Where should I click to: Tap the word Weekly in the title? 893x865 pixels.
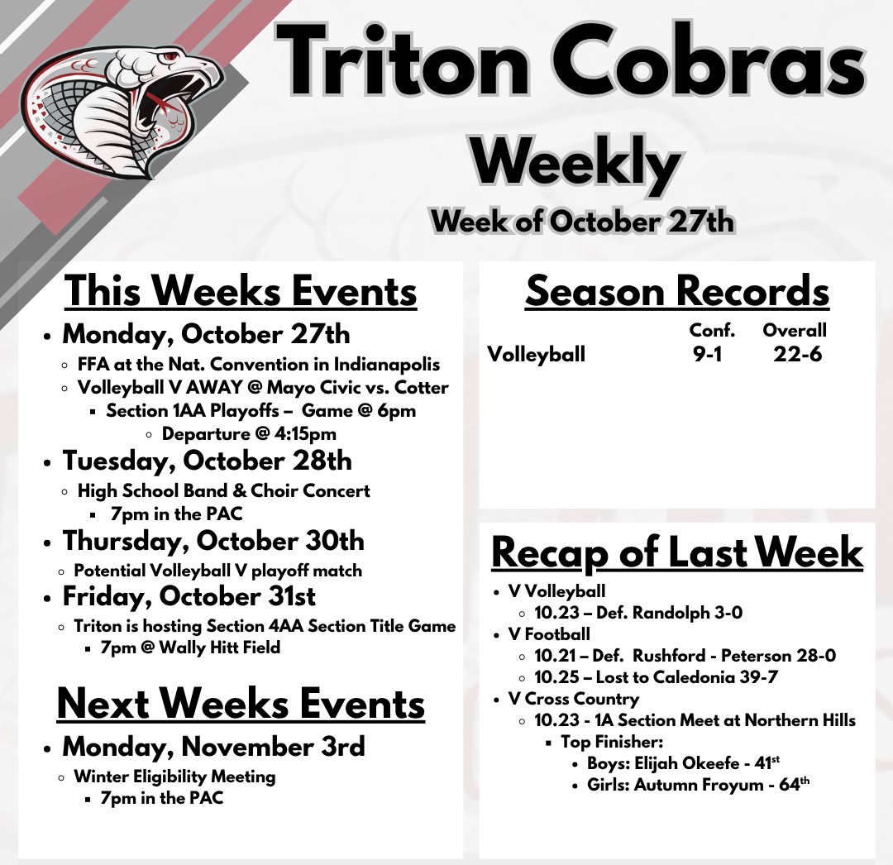pyautogui.click(x=575, y=164)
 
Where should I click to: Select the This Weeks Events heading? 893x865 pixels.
pyautogui.click(x=241, y=292)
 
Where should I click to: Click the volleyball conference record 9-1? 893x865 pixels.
pyautogui.click(x=707, y=354)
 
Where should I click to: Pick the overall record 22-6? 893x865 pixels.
pyautogui.click(x=797, y=354)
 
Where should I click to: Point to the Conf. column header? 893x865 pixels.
pyautogui.click(x=712, y=330)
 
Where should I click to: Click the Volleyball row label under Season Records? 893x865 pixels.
pyautogui.click(x=536, y=354)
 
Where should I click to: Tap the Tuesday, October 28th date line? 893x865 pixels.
pyautogui.click(x=208, y=461)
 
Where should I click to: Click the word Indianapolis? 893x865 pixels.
pyautogui.click(x=387, y=365)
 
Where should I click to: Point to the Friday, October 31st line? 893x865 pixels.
pyautogui.click(x=189, y=597)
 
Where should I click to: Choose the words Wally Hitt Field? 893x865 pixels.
pyautogui.click(x=219, y=648)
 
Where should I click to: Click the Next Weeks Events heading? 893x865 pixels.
pyautogui.click(x=241, y=704)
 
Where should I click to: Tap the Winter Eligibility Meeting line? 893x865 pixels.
pyautogui.click(x=174, y=777)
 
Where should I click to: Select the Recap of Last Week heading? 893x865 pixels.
pyautogui.click(x=677, y=552)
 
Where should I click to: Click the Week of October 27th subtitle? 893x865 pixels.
pyautogui.click(x=582, y=222)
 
